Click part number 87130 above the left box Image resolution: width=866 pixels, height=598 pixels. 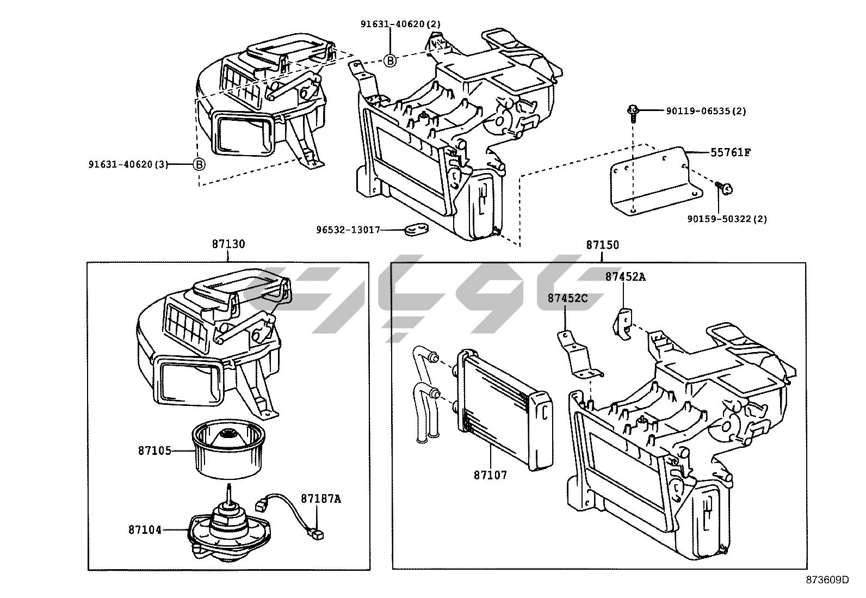point(228,244)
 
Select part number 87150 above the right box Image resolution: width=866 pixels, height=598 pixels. point(602,245)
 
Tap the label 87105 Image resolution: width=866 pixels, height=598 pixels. point(154,451)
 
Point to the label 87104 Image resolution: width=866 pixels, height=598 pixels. point(145,529)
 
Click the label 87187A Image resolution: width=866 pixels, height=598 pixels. point(321,498)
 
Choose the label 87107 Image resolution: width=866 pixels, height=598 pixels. point(490,475)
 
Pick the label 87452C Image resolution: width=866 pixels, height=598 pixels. point(567,299)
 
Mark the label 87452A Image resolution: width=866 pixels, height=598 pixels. point(626,277)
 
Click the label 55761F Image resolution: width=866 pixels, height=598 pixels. point(730,153)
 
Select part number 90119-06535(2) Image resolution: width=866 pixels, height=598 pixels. point(706,111)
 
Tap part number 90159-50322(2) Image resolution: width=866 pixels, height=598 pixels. point(727,219)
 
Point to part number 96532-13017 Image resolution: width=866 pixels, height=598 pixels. point(348,230)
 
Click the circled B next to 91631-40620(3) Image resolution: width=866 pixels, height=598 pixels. point(199,164)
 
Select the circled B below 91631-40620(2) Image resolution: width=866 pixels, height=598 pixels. point(390,60)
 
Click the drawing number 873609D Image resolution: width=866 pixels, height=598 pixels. point(827,580)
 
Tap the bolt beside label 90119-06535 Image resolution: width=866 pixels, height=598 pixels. point(633,112)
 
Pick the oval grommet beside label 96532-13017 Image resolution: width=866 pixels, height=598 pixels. point(416,230)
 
